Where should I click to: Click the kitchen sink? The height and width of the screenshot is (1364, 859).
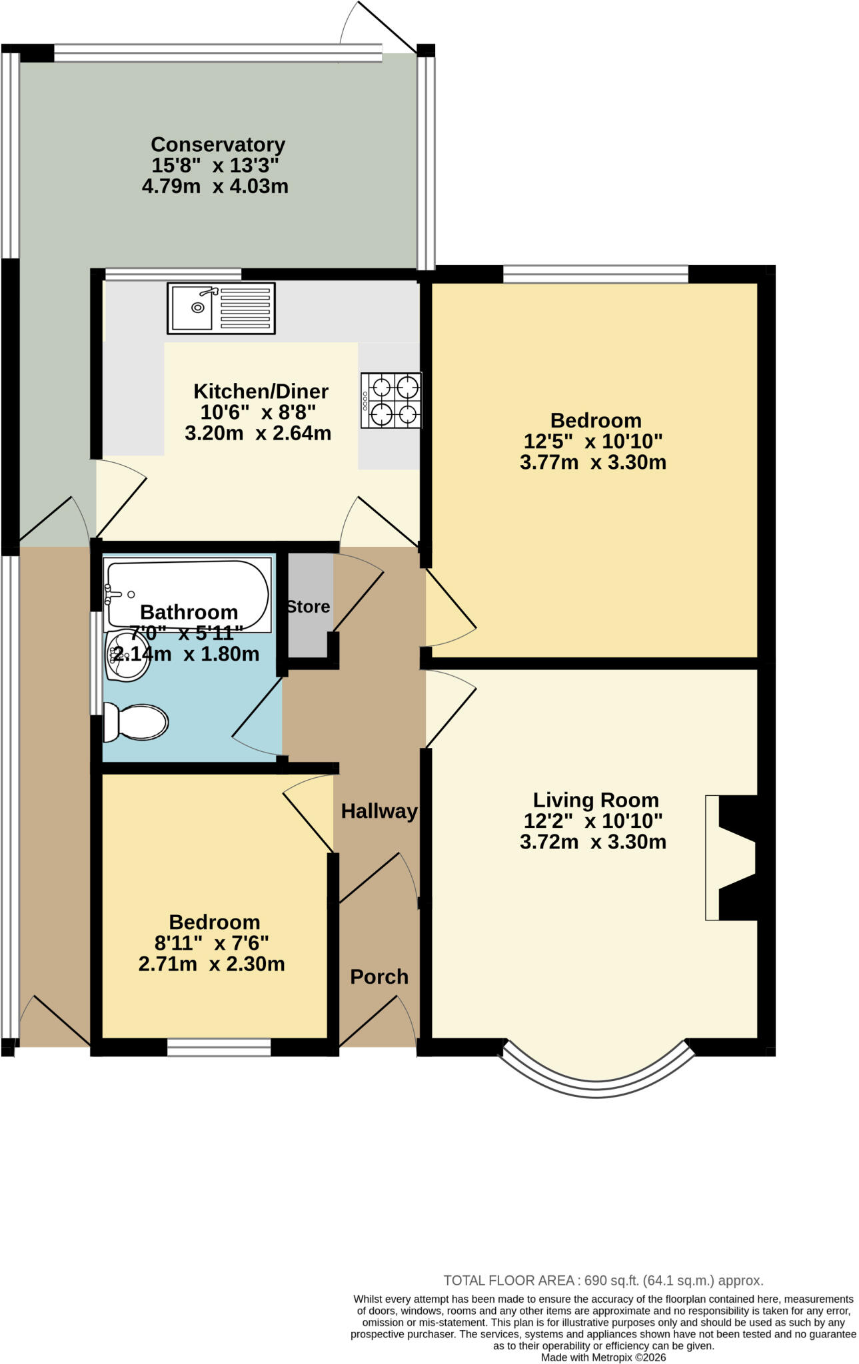221,308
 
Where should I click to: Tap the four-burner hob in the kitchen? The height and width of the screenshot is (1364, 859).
391,400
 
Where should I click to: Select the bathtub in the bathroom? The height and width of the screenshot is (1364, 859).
188,595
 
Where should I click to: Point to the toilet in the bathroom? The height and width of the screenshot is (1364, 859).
135,722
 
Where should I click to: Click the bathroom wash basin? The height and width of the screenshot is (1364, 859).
127,657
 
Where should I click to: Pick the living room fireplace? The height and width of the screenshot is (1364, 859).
732,858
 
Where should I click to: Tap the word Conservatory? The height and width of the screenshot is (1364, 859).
218,145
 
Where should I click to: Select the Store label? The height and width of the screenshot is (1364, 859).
309,607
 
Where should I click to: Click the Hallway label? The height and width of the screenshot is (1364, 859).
379,811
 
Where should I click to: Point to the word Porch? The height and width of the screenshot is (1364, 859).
379,977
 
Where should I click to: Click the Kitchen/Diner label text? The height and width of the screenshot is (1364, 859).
261,391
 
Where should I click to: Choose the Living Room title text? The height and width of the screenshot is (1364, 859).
596,801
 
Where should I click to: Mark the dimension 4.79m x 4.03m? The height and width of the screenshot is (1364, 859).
215,186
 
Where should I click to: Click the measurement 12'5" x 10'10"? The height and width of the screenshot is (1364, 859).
593,442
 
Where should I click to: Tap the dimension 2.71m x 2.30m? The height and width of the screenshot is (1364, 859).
212,964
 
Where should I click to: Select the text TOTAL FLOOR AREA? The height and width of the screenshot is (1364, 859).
509,1280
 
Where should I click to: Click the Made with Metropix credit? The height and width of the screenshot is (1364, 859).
603,1357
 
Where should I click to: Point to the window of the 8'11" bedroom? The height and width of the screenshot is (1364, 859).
219,1048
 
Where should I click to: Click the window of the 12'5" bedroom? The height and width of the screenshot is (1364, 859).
596,274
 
